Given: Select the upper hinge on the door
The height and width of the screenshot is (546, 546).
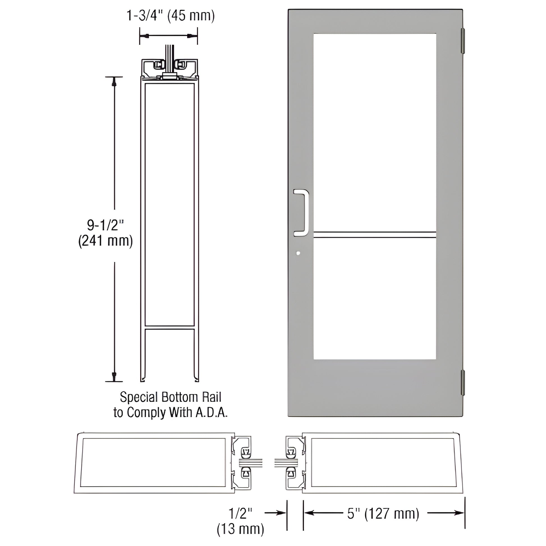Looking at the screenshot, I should click(x=463, y=41).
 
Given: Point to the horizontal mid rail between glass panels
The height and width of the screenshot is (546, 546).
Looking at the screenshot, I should click(x=375, y=235).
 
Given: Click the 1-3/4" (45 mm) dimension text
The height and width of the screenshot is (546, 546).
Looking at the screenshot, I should click(x=170, y=16).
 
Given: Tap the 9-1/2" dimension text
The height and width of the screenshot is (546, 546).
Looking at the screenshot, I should click(x=105, y=226).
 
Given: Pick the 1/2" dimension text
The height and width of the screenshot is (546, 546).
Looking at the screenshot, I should click(x=240, y=513).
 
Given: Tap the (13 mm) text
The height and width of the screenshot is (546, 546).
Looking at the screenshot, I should click(x=240, y=529).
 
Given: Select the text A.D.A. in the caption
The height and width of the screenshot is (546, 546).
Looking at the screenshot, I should click(x=211, y=413).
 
